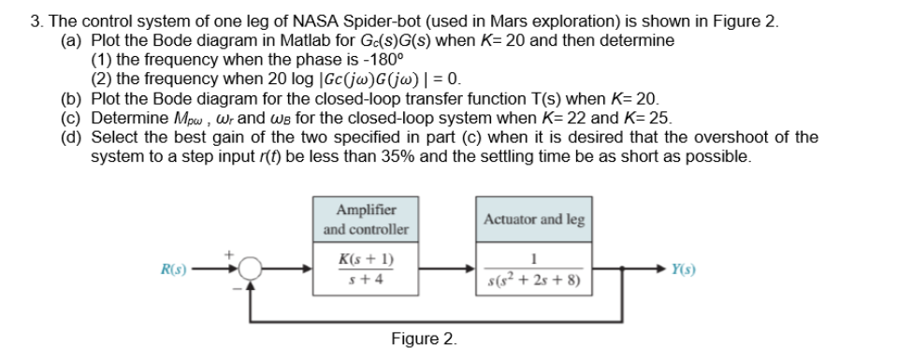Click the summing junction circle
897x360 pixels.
tap(250, 270)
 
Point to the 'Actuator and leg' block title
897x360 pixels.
tap(534, 220)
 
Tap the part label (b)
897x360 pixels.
tap(71, 98)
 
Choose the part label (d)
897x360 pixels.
tap(71, 137)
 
